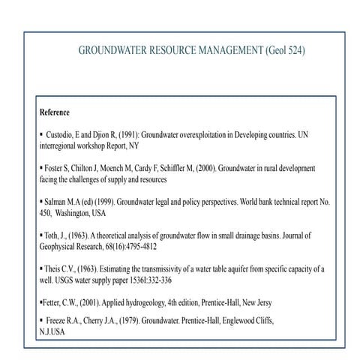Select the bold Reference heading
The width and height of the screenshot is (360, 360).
(55, 112)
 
